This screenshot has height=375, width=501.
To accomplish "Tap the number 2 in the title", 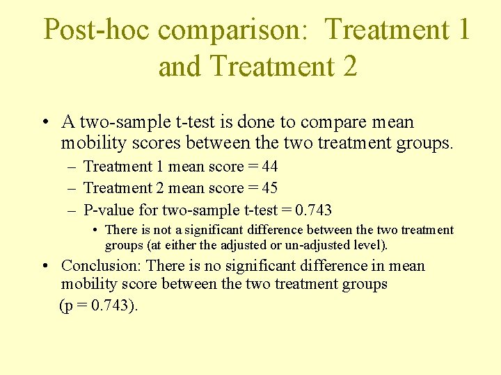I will point(348,67).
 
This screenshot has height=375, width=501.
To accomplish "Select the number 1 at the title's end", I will point(463,31).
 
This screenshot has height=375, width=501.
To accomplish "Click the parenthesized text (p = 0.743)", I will point(99,305).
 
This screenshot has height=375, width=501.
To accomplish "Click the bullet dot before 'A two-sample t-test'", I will point(45,124).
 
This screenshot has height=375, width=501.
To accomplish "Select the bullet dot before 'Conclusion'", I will point(45,267).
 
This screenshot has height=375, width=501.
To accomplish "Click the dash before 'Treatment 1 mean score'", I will point(72,167).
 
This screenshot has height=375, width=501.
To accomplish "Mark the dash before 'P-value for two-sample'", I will point(72,210).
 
